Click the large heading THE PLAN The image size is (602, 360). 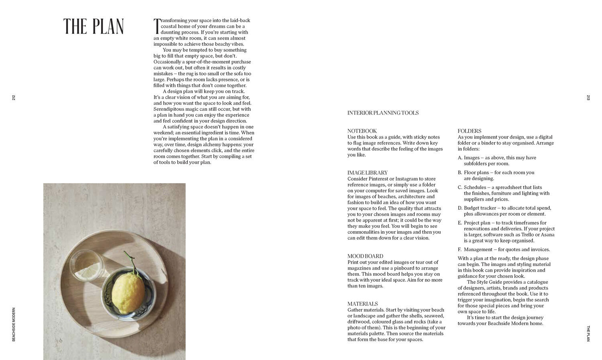tap(94, 26)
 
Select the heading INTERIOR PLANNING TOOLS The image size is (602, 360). tap(383, 113)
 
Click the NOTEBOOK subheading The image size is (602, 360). tap(362, 131)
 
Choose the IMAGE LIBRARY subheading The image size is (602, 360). tap(367, 173)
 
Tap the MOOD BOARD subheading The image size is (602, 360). tap(365, 256)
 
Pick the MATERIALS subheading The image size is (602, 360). tap(362, 304)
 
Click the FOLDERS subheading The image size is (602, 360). tap(469, 131)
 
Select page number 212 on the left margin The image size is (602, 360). tap(13, 98)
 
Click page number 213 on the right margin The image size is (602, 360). tap(588, 98)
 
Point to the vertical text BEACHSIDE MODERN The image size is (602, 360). tap(13, 324)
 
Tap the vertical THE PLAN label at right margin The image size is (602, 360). tap(588, 333)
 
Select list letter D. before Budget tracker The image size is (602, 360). tap(460, 208)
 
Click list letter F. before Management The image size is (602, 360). tap(460, 249)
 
